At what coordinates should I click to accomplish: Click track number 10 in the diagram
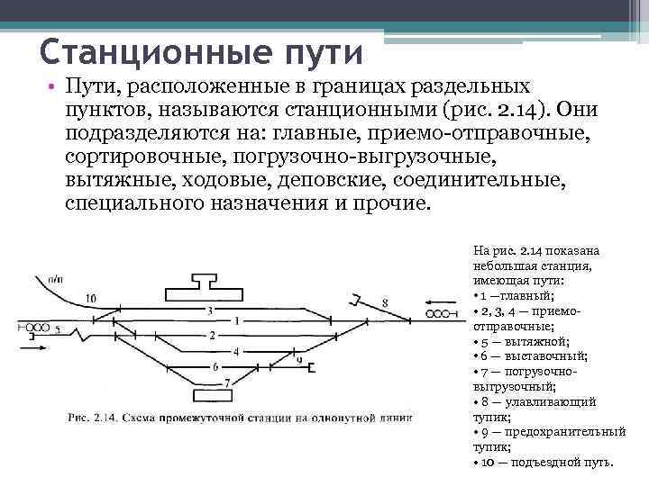click(90, 297)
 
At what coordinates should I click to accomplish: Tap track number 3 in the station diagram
click(210, 310)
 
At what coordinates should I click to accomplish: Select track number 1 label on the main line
click(236, 320)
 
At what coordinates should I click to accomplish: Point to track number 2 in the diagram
click(213, 335)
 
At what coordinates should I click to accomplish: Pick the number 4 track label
click(236, 351)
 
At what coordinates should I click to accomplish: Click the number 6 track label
click(215, 366)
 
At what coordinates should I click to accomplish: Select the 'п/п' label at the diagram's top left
click(56, 279)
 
